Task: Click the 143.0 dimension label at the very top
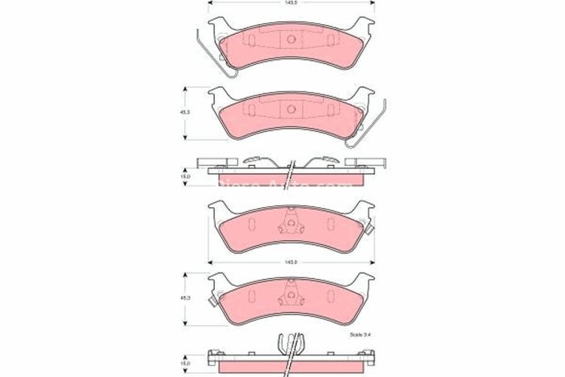point(290,4)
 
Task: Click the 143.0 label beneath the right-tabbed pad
point(290,262)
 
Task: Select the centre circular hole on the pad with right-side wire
point(290,111)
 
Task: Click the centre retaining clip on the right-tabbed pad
point(290,223)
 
